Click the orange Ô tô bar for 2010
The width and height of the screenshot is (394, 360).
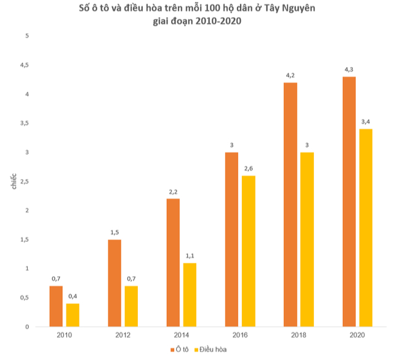55,306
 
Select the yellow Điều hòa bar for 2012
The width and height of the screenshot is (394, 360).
131,306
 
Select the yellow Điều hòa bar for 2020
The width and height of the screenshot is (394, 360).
366,227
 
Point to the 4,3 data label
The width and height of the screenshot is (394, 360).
349,70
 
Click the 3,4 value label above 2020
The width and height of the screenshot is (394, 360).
366,122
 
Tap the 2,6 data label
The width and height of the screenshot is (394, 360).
248,169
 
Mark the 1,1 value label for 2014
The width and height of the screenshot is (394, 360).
189,256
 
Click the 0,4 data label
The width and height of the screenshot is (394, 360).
73,297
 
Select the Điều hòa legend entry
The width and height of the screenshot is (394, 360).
212,350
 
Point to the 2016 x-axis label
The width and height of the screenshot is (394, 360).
239,335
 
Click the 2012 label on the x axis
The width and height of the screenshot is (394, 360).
123,335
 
